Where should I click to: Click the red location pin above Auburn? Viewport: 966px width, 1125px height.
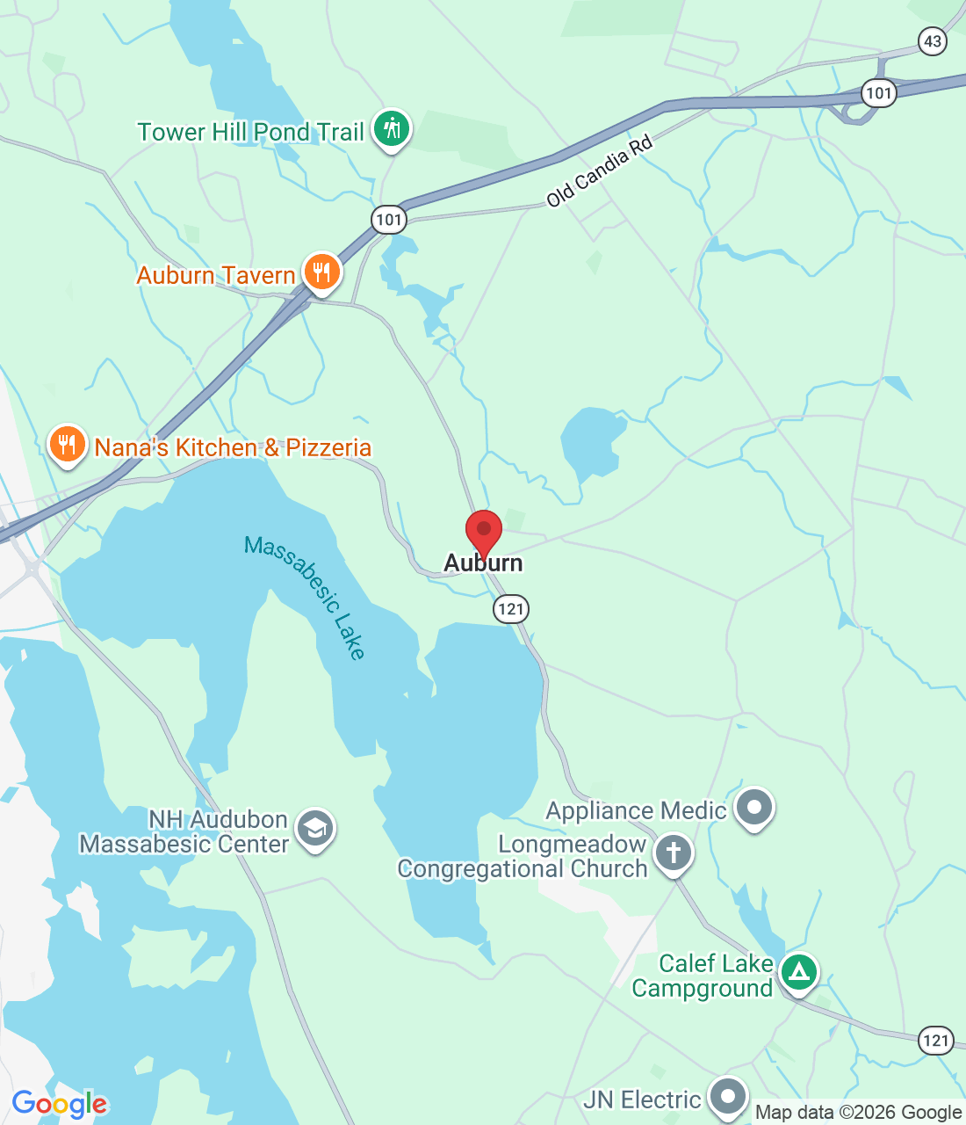[x=483, y=530]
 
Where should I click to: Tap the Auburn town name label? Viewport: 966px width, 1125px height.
[x=483, y=562]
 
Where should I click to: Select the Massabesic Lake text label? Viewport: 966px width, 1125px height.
[x=305, y=597]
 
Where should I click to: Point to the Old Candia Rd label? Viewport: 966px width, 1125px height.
[x=599, y=171]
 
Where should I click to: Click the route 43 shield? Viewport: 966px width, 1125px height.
[x=933, y=40]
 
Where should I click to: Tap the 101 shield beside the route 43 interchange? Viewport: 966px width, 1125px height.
[x=877, y=92]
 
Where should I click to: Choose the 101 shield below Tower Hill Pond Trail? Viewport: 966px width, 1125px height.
[x=389, y=219]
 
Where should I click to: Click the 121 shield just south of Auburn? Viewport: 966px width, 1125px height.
[x=510, y=608]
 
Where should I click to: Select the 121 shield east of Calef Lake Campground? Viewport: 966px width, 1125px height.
[x=935, y=1041]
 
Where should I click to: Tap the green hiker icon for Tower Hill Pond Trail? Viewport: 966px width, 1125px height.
[x=391, y=129]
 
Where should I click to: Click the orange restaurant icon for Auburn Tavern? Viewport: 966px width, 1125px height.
[x=322, y=272]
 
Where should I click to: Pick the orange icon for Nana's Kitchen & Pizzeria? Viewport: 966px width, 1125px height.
[x=67, y=444]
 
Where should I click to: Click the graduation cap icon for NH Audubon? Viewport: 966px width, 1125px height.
[x=315, y=829]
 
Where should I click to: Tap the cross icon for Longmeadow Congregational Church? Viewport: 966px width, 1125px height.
[x=674, y=853]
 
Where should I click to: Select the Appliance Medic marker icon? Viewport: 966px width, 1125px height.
[x=753, y=807]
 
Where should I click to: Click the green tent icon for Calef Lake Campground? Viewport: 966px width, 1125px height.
[x=798, y=972]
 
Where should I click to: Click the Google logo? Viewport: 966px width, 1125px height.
[x=60, y=1104]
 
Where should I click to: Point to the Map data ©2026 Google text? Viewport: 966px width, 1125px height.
[x=858, y=1113]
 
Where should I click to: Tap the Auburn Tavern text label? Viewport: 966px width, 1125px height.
[x=216, y=275]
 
